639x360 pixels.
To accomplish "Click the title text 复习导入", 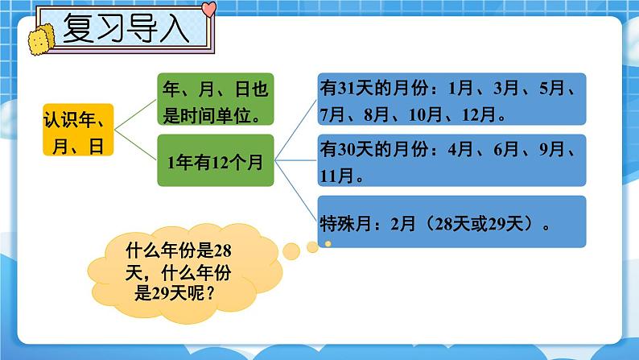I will click(x=129, y=32).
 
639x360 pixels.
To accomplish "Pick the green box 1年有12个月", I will click(x=215, y=161).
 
